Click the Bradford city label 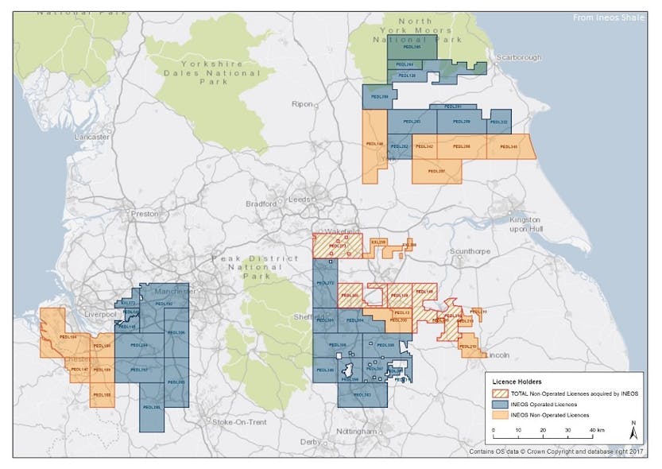coord(261,203)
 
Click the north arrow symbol coord(632,431)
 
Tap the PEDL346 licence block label coord(509,147)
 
